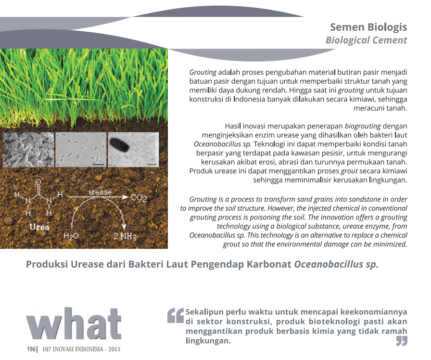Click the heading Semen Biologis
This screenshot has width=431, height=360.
point(368,27)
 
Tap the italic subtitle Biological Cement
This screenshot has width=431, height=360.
point(366,40)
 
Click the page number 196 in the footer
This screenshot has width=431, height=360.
point(31,349)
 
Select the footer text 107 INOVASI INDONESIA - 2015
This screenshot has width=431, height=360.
point(81,349)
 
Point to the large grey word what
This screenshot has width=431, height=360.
point(74,324)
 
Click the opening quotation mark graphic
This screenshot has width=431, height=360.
point(176,315)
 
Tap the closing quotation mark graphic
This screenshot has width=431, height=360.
point(402,341)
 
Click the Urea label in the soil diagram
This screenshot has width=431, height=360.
point(39,227)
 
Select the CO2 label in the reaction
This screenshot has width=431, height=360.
point(139,198)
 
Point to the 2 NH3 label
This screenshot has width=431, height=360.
point(125,236)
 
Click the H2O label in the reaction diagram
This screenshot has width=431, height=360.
point(71,236)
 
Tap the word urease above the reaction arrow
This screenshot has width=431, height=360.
point(100,192)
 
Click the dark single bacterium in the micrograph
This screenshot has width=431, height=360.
point(119,145)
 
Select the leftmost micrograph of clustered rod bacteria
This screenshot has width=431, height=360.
point(28,149)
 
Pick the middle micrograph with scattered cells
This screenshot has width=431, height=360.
point(81,149)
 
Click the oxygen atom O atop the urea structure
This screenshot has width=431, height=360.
point(38,182)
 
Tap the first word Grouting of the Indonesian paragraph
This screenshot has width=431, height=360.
point(203,73)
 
